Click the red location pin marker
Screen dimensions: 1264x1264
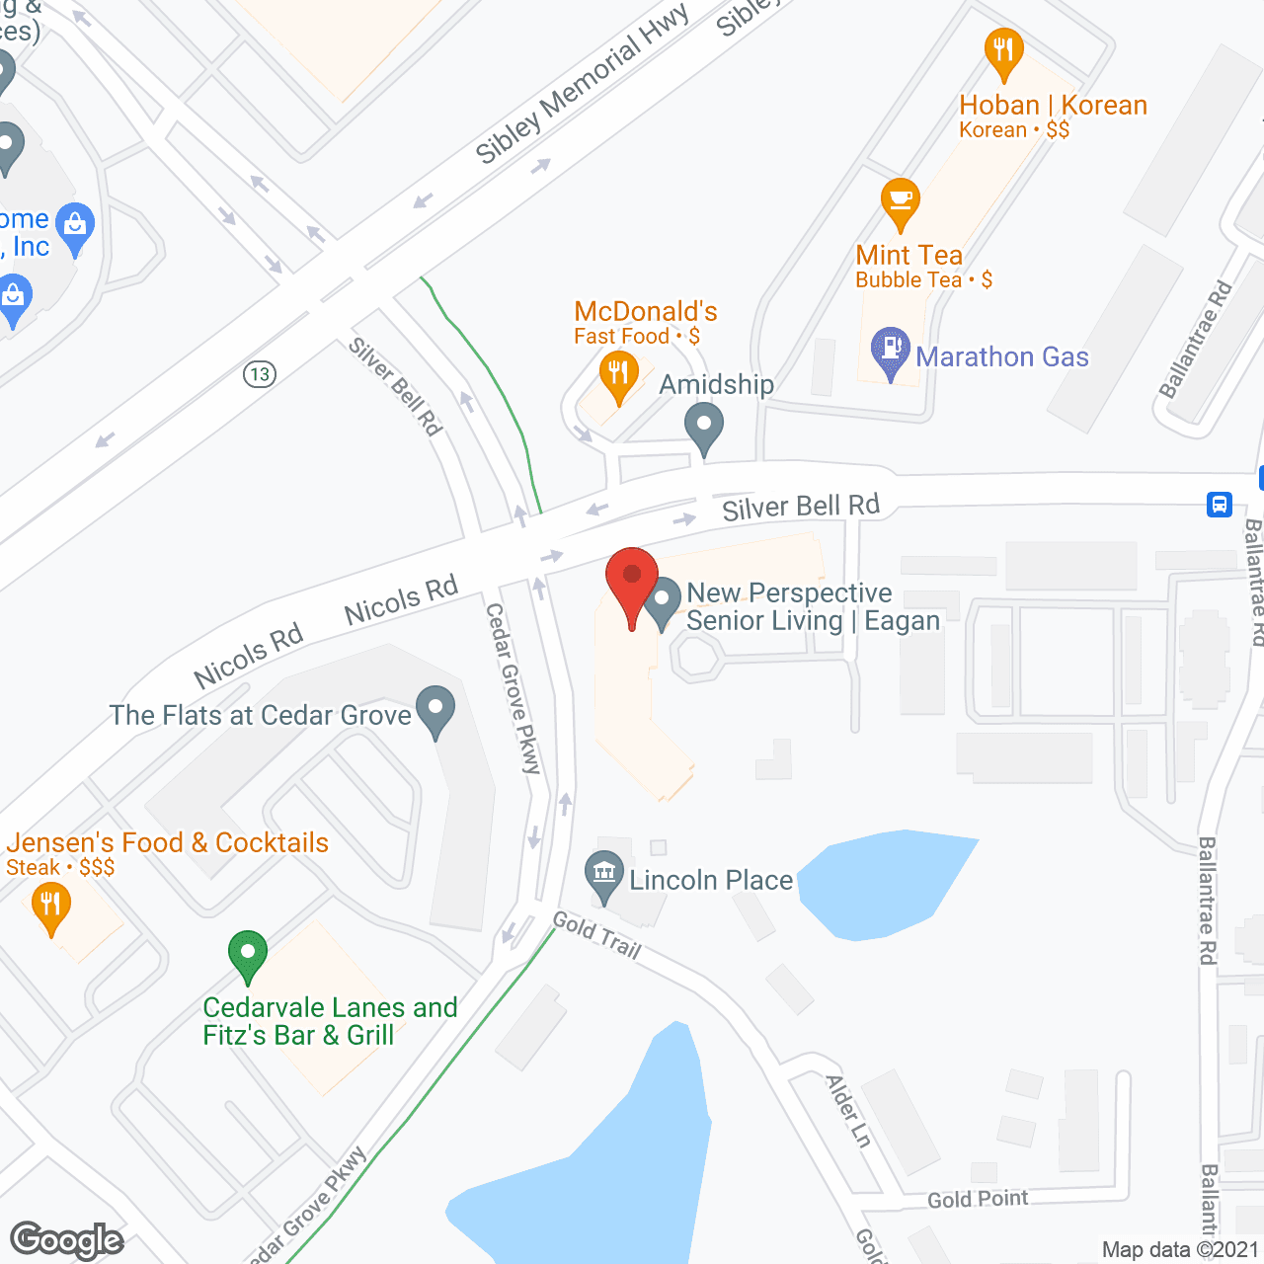(631, 579)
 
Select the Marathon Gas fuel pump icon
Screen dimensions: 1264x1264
(891, 351)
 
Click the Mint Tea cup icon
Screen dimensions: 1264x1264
(901, 201)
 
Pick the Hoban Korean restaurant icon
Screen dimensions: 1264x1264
(1003, 50)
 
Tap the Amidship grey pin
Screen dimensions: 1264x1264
(704, 427)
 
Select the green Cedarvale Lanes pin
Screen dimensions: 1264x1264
(248, 955)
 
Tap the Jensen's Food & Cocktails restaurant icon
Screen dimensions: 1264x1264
(50, 906)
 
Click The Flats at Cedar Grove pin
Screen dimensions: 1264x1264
(434, 710)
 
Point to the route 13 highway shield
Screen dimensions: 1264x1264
(260, 374)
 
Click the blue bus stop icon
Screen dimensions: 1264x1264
(1220, 505)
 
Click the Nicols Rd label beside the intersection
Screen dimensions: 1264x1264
(401, 599)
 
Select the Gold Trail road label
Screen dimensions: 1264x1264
(596, 935)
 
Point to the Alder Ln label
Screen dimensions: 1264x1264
(849, 1111)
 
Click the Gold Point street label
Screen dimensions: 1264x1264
(978, 1199)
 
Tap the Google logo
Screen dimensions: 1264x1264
(66, 1240)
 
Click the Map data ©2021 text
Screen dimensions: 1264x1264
(1180, 1249)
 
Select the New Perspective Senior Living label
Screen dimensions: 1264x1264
(813, 606)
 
